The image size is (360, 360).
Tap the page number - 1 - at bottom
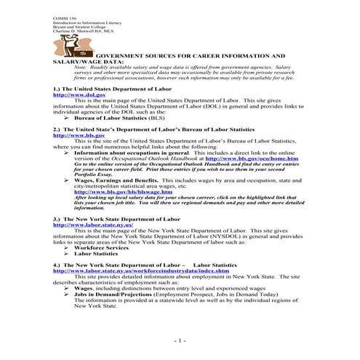[x=180, y=340]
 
